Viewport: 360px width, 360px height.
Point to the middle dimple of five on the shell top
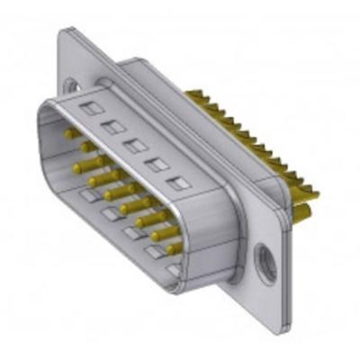pos(134,145)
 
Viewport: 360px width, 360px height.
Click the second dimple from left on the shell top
pos(112,127)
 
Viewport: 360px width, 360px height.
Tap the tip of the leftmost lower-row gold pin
pos(73,167)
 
